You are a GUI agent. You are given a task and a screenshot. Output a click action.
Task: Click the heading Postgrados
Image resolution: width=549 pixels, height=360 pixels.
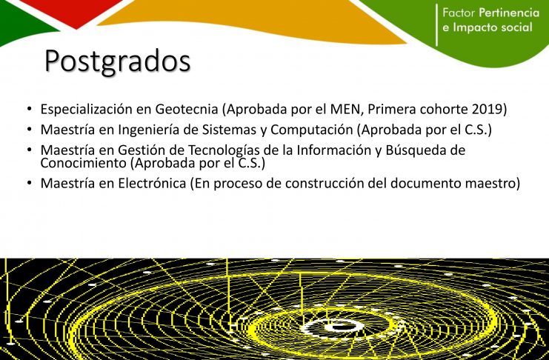118,61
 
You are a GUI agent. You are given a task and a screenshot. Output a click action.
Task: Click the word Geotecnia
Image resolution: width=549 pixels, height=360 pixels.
187,109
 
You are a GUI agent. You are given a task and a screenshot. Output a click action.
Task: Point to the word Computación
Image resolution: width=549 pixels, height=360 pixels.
312,130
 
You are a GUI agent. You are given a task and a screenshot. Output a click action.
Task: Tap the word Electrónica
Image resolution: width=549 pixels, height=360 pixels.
152,183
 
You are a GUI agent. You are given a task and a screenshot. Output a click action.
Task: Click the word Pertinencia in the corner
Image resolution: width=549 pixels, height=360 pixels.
509,13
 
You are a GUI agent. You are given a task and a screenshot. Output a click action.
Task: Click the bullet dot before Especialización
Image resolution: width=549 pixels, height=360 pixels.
30,108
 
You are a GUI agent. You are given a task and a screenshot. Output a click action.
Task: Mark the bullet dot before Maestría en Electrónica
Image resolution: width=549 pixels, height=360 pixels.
30,182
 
